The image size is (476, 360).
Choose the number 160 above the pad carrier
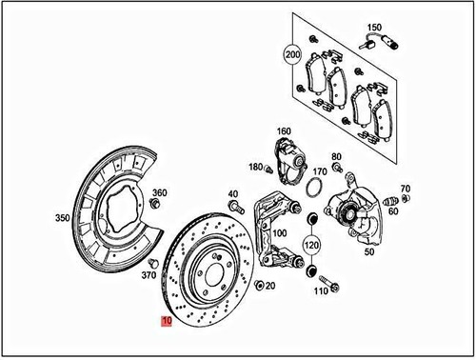coord(285,131)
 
